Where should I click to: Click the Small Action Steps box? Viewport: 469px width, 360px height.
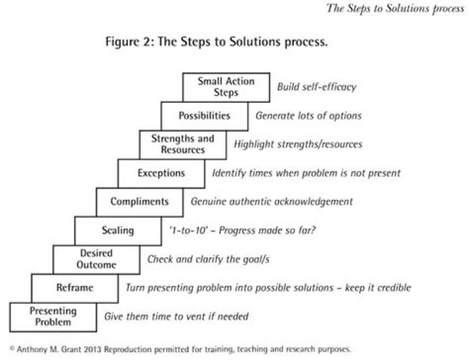coord(226,87)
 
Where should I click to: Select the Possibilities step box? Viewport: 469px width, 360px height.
coord(205,116)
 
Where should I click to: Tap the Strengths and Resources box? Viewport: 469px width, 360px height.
coord(183,145)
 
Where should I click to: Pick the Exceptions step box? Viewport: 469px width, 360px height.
coord(162,173)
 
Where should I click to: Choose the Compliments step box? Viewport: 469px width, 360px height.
coord(139,202)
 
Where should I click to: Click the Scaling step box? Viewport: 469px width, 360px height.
coord(118,231)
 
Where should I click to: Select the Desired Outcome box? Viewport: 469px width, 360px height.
coord(96,260)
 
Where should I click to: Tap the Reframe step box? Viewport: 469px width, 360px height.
coord(75,288)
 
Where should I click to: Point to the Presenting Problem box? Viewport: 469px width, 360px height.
coord(53,317)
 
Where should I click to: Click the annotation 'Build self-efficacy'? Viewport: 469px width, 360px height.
coord(317,87)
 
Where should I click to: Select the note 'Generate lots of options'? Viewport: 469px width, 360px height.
coord(308,116)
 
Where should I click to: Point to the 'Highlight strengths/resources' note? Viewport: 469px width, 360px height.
coord(298,145)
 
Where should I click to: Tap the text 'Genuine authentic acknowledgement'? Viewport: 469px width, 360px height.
coord(272,202)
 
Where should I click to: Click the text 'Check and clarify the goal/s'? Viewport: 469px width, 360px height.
coord(208,259)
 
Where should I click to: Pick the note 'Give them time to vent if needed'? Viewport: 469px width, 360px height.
coord(176,316)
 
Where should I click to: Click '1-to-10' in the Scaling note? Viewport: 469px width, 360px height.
coord(188,230)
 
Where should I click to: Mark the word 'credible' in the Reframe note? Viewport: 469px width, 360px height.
coord(394,288)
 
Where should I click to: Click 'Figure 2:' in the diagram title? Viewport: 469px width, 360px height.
coord(130,42)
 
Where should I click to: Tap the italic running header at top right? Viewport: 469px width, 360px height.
coord(395,8)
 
